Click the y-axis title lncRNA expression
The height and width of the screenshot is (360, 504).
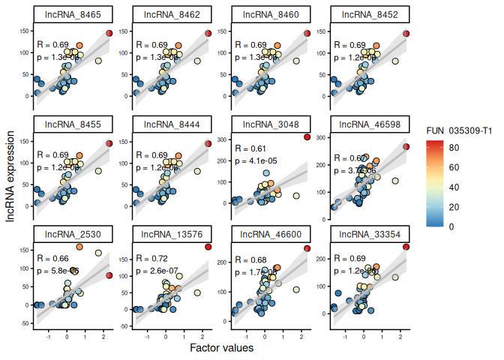click(x=10, y=175)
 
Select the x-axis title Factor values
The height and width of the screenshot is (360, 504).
click(x=221, y=349)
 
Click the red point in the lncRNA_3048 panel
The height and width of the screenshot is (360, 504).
click(x=307, y=136)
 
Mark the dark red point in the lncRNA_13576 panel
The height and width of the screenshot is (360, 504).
click(x=208, y=247)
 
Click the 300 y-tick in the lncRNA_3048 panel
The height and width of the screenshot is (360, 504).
click(x=224, y=139)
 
